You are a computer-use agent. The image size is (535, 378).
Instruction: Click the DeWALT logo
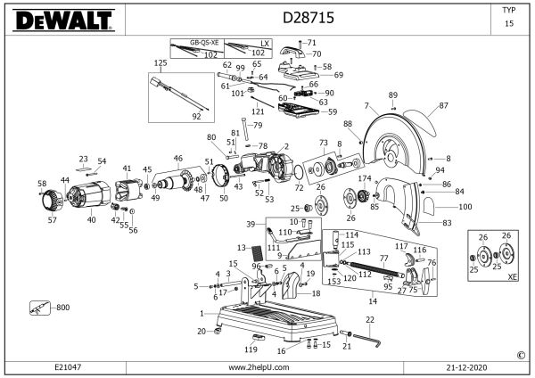(x=55, y=19)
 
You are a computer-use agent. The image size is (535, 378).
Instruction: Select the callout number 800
(x=62, y=308)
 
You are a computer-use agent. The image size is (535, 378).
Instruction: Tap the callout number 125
(x=160, y=63)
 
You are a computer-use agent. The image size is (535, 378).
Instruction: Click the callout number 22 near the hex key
(x=368, y=319)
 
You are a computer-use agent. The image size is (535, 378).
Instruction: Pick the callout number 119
(x=251, y=349)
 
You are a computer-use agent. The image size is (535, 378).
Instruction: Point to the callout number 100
(x=465, y=207)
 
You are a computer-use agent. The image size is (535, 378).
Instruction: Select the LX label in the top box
(x=263, y=42)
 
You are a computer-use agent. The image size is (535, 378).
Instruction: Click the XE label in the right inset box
(x=512, y=277)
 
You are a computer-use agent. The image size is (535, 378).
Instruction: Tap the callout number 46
(x=177, y=158)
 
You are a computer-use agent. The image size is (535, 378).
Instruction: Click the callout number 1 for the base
(x=202, y=313)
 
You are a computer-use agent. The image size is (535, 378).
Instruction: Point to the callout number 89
(x=392, y=94)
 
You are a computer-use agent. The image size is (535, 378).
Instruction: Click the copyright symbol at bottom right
(x=521, y=354)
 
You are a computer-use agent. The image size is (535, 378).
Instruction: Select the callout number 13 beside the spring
(x=241, y=247)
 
